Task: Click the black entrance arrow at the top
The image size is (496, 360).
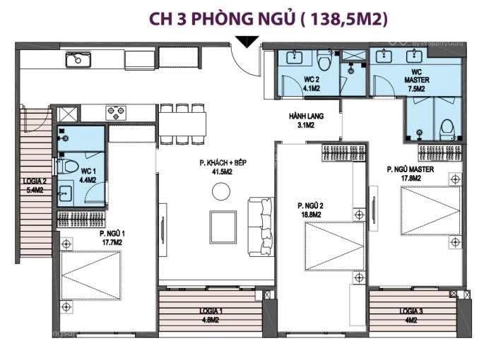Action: click(246, 42)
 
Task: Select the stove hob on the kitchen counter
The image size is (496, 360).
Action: click(116, 112)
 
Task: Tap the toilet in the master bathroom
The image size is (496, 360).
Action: click(447, 129)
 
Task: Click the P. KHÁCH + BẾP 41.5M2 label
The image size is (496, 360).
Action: click(223, 167)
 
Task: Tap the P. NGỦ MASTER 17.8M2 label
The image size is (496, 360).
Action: click(410, 174)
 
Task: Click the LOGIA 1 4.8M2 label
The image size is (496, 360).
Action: click(211, 315)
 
